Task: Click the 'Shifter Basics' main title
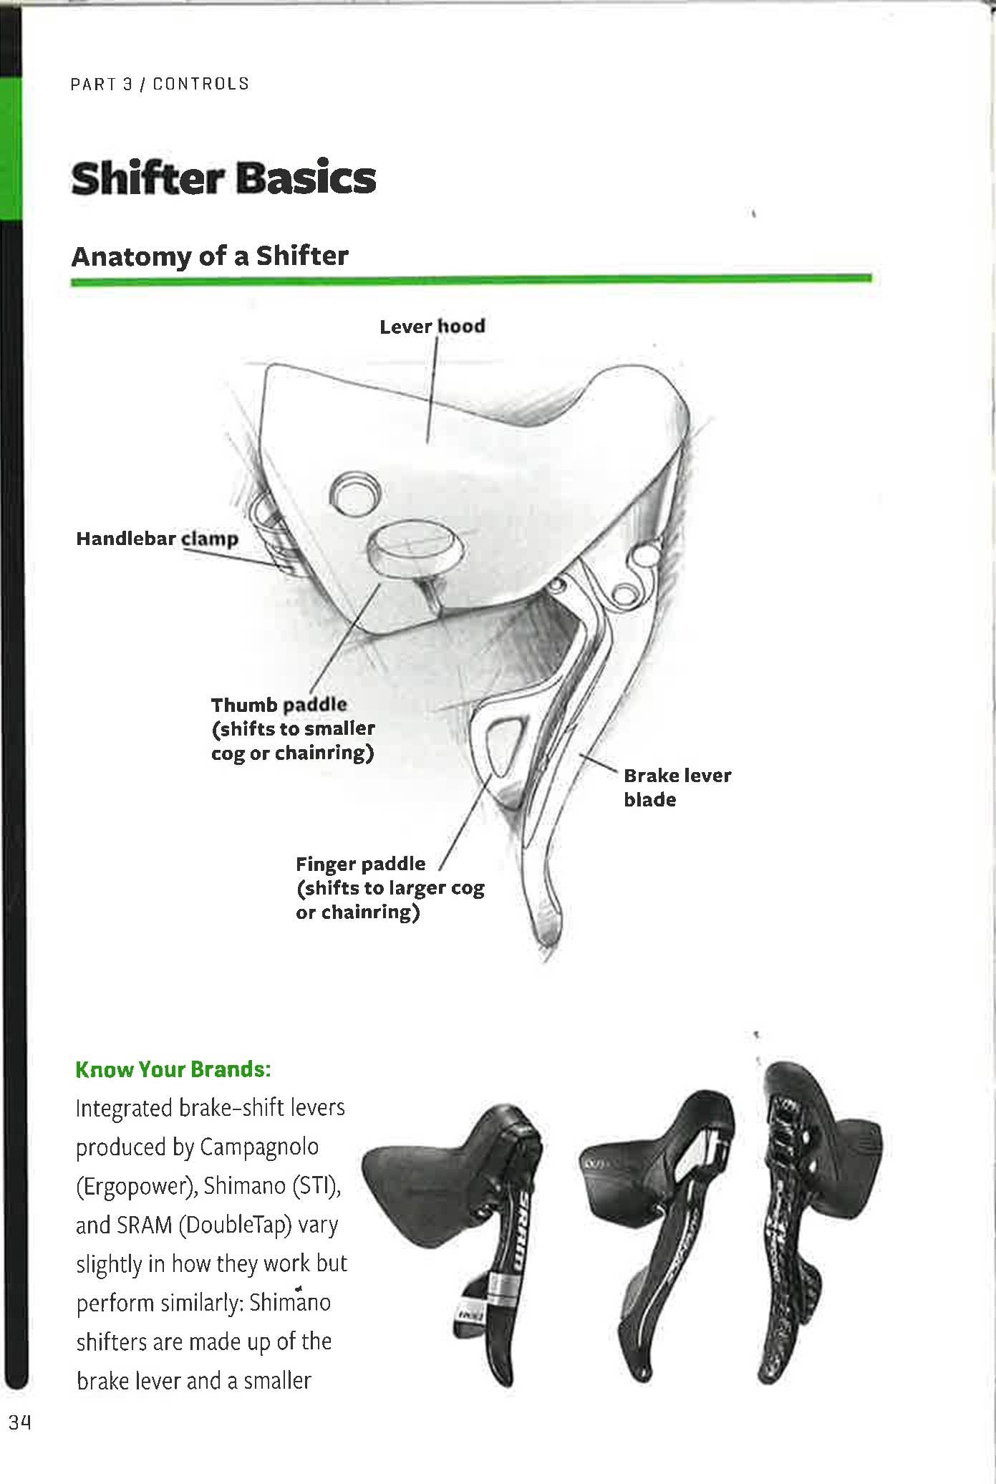coord(223,178)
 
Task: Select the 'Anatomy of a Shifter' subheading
coord(210,256)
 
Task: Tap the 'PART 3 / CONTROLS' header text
coord(160,84)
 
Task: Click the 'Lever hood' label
coord(432,327)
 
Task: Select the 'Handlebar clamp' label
coord(157,539)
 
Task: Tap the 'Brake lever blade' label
coord(677,787)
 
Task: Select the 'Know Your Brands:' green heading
coord(173,1069)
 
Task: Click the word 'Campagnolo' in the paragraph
coord(259,1147)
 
